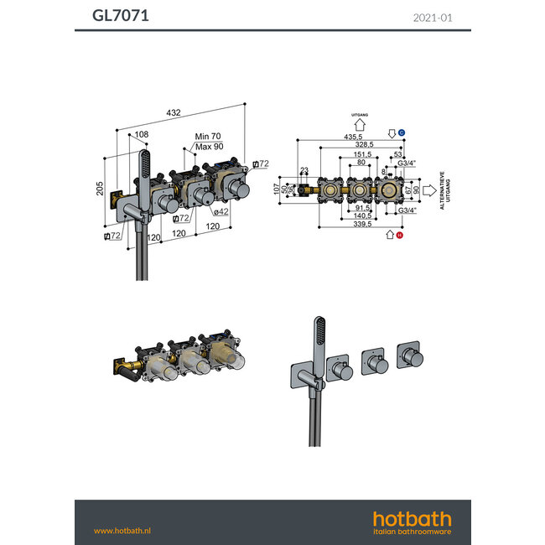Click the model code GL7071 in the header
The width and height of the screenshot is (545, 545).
(x=121, y=15)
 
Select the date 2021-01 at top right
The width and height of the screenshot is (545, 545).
(x=433, y=17)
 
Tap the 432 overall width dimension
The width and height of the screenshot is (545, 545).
(x=174, y=112)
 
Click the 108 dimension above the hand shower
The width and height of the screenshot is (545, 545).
(x=142, y=134)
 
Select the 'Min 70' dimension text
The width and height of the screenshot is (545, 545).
(x=207, y=136)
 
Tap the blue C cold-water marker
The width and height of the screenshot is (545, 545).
(x=402, y=133)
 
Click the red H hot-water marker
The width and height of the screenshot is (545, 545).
(x=402, y=236)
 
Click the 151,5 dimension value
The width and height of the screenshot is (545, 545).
(x=361, y=154)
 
